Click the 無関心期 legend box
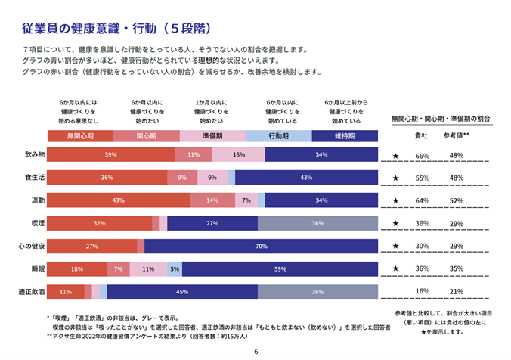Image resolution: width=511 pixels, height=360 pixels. (80, 136)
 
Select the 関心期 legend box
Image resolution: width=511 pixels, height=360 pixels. (146, 136)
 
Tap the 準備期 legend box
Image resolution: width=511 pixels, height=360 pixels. (212, 136)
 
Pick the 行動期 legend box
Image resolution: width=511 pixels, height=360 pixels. (278, 136)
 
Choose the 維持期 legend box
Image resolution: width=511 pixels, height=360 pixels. (344, 136)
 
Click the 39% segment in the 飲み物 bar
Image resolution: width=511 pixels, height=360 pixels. (110, 155)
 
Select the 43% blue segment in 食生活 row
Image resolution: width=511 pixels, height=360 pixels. (305, 178)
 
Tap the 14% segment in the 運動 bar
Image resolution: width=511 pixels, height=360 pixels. (212, 200)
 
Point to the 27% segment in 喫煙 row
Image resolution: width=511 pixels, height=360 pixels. (212, 223)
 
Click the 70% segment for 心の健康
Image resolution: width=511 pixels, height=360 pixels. (261, 246)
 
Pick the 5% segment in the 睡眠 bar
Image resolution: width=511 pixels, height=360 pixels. (175, 268)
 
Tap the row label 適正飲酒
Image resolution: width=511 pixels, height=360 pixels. (32, 291)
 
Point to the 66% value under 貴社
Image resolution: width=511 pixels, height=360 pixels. (423, 156)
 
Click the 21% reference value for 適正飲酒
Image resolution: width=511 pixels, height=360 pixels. (456, 292)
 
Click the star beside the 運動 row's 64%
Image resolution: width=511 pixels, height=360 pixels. (395, 201)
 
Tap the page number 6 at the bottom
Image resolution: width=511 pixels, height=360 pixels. (255, 352)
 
